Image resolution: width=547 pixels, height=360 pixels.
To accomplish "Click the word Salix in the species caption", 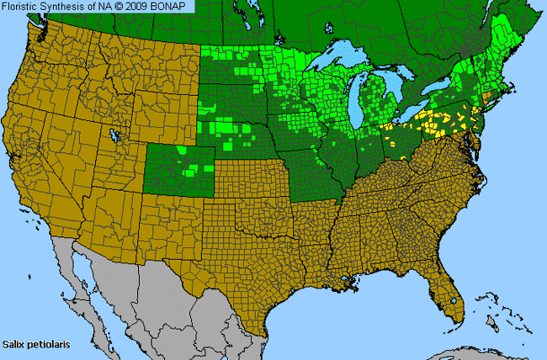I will pos(16,344).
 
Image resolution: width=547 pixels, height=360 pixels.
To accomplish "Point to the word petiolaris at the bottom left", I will pos(48,344).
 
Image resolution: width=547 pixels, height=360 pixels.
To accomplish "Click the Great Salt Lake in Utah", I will pos(115,135).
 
